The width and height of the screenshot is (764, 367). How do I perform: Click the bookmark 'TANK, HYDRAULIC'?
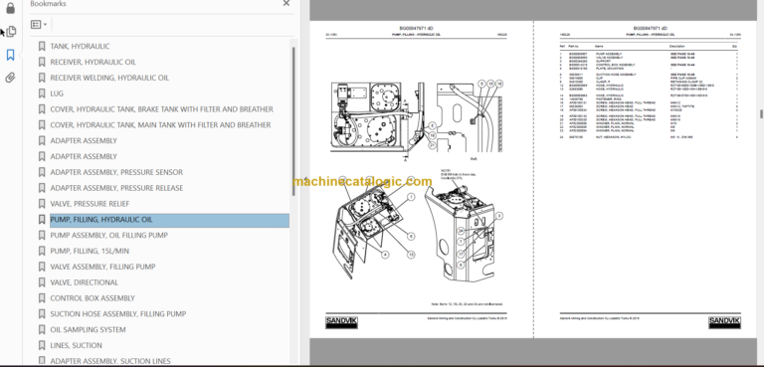[80, 47]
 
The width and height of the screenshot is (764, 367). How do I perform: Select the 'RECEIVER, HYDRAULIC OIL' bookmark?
[93, 63]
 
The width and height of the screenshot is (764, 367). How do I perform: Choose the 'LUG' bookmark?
[57, 93]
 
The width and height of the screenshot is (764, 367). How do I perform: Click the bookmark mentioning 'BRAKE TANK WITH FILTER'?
[160, 109]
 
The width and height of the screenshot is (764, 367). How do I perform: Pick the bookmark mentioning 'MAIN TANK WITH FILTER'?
[160, 125]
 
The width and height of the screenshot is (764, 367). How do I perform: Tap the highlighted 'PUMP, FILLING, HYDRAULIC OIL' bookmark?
[101, 220]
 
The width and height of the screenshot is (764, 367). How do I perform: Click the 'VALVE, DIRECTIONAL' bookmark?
[84, 282]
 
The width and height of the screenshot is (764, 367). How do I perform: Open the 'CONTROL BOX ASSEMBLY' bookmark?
[92, 298]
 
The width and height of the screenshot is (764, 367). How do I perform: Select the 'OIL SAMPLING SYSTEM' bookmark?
[88, 330]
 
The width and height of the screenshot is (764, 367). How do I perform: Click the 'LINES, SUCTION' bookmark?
[76, 345]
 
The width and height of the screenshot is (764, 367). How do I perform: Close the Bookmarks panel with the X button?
[286, 5]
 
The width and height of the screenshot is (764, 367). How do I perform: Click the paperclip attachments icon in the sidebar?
[10, 77]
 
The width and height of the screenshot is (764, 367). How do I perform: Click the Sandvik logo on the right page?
[724, 321]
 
